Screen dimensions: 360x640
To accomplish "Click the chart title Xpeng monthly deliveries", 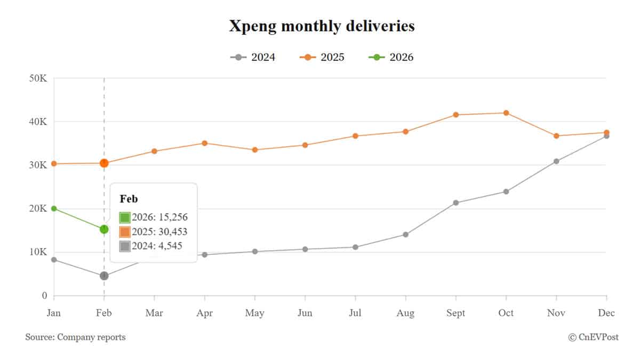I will (x=322, y=26).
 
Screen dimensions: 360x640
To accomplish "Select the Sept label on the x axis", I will (x=456, y=313).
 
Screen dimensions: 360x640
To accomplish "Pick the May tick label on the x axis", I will (x=254, y=313).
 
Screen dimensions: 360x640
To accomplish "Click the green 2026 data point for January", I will (x=54, y=209).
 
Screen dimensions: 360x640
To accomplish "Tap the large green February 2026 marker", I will (x=104, y=229).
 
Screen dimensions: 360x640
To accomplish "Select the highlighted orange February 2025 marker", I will (x=104, y=163).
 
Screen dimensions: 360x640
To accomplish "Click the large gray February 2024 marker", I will (x=104, y=276).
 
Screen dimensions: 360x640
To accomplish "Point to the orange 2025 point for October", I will (x=506, y=113).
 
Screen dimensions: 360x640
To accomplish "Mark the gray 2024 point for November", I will (x=556, y=161).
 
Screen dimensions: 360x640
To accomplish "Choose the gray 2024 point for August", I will (x=405, y=235).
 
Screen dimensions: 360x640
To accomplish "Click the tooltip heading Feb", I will (x=129, y=199).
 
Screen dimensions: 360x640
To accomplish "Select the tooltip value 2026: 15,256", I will (x=159, y=217).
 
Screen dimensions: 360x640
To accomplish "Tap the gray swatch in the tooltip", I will (x=125, y=246).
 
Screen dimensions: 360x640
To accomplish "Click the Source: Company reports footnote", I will (x=75, y=337).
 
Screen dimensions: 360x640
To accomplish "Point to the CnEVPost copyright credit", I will (x=593, y=337).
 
